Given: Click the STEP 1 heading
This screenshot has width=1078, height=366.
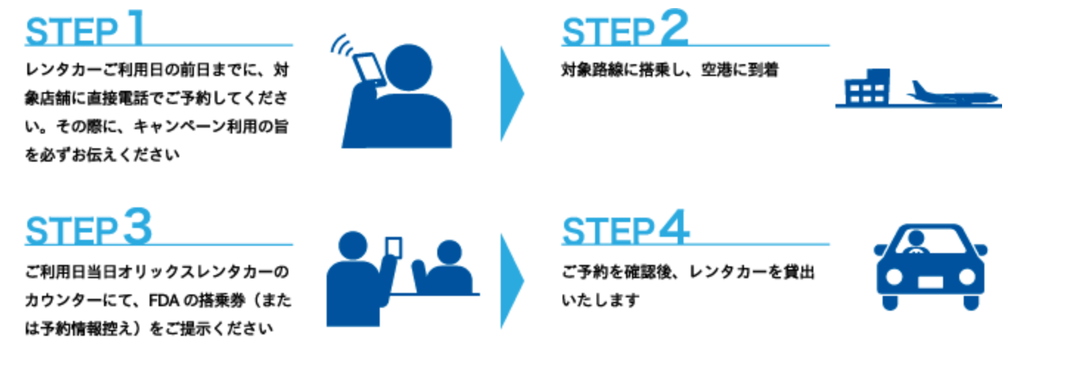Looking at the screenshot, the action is [x=85, y=28].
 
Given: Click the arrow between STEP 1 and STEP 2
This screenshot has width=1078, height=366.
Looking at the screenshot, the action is [x=511, y=94].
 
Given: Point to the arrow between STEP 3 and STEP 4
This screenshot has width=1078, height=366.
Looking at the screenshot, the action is [x=511, y=281].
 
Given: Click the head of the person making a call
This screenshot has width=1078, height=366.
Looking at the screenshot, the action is [x=408, y=67].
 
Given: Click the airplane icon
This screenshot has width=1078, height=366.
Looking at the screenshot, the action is [x=952, y=94].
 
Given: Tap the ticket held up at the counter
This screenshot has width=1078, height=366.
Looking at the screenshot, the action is [x=394, y=247].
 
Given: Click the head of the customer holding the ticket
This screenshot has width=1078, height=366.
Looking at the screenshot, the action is [x=352, y=246].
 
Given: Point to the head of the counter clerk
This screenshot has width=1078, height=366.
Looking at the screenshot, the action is [x=449, y=252].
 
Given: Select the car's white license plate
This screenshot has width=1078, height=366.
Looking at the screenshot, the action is [x=930, y=282].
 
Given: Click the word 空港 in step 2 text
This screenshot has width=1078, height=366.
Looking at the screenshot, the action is [x=716, y=70].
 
